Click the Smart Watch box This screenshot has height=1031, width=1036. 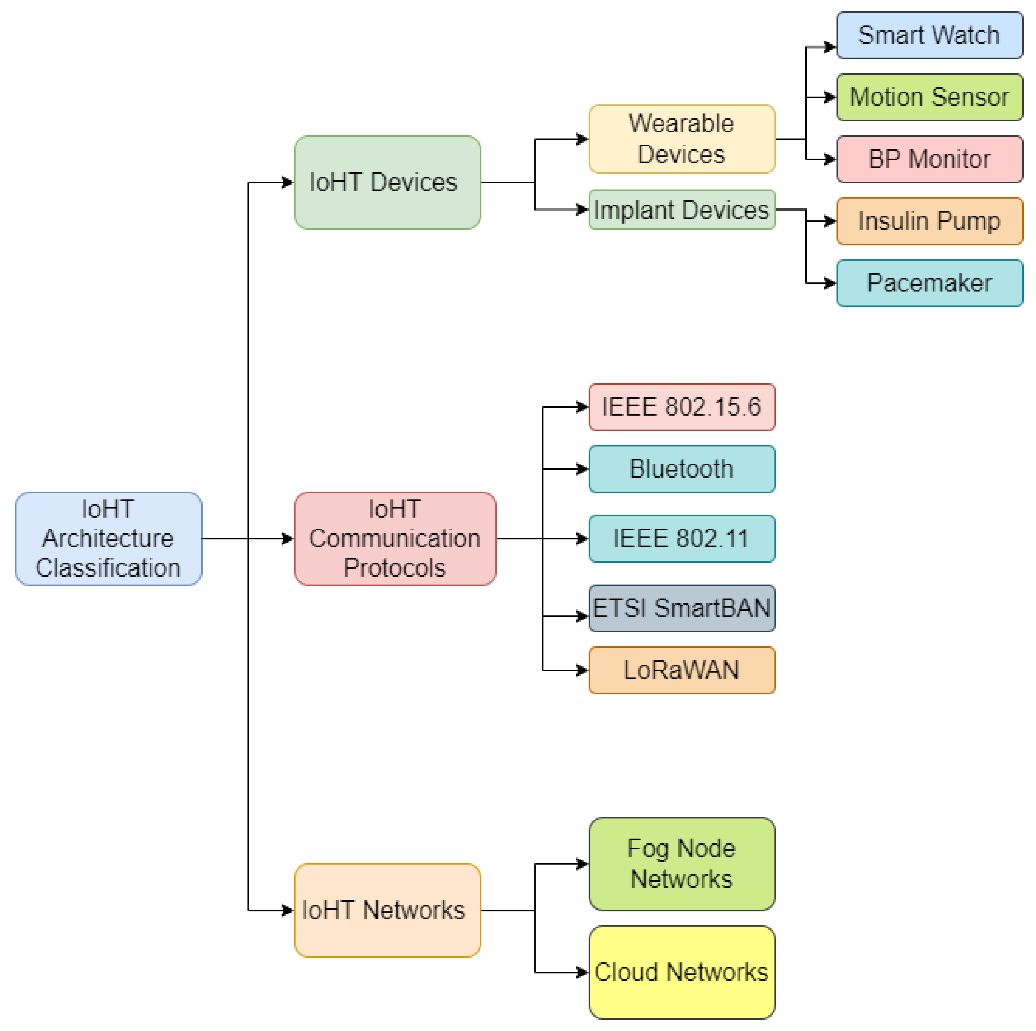coord(929,36)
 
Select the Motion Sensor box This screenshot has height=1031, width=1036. coord(929,97)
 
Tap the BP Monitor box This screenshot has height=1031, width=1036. coord(929,159)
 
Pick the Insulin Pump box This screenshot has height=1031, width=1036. coord(929,221)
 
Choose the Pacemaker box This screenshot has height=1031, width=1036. coord(929,283)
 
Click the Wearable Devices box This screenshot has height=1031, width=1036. coord(682,139)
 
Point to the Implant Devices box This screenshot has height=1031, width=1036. coord(682,210)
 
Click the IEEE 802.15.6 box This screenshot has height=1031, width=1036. coord(682,407)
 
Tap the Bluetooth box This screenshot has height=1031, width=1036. coord(682,469)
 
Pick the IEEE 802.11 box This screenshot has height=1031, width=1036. coord(682,539)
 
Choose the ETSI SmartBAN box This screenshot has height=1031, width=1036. coord(682,608)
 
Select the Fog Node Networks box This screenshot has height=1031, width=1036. coord(682,863)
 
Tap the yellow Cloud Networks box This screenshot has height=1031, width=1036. coord(682,972)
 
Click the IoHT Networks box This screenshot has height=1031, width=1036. coord(387,910)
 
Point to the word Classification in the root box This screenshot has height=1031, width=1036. coord(108,568)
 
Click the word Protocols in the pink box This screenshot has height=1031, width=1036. coord(395,568)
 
